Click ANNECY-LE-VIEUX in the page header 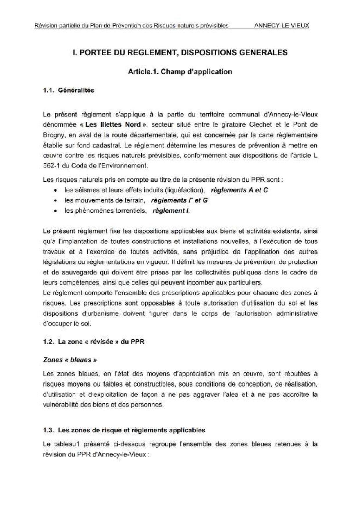tap(281, 26)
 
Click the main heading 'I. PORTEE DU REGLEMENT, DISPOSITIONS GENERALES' tap(180, 53)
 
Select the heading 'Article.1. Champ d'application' tap(180, 72)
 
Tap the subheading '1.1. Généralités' tap(69, 90)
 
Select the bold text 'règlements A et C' tap(239, 190)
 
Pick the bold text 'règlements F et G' tap(179, 200)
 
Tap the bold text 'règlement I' tap(170, 211)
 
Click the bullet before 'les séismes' tap(55, 191)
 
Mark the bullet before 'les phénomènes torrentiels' tap(55, 211)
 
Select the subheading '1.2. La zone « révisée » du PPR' tap(93, 342)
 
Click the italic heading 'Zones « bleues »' tap(70, 360)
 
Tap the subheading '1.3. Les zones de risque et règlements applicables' tap(124, 430)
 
